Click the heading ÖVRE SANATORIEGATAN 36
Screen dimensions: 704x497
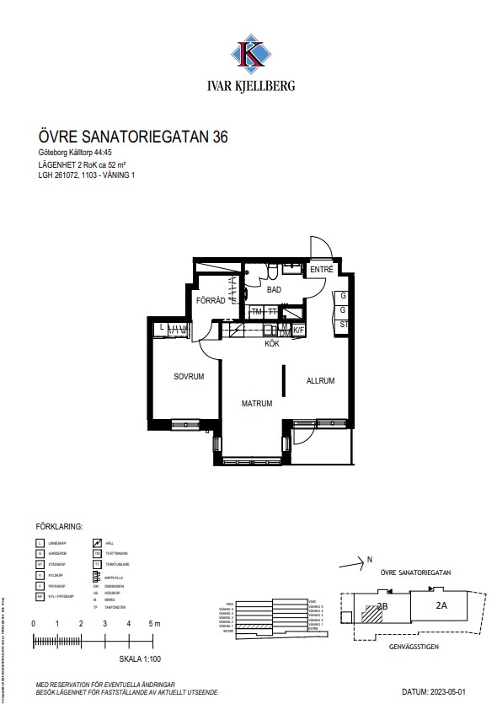(x=133, y=136)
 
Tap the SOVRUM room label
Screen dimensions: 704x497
(x=190, y=378)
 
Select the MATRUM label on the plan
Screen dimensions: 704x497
(x=257, y=404)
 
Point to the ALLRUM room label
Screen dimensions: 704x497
(x=320, y=381)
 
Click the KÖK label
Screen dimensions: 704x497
(x=272, y=344)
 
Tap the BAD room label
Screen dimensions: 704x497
(x=273, y=290)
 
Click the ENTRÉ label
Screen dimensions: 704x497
(x=321, y=270)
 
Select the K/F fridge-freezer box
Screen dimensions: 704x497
(x=297, y=331)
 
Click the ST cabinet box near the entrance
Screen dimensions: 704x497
(x=344, y=323)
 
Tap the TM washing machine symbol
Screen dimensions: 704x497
(x=257, y=312)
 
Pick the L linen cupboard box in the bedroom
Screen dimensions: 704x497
(x=159, y=328)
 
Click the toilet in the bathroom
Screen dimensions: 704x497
(x=274, y=270)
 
